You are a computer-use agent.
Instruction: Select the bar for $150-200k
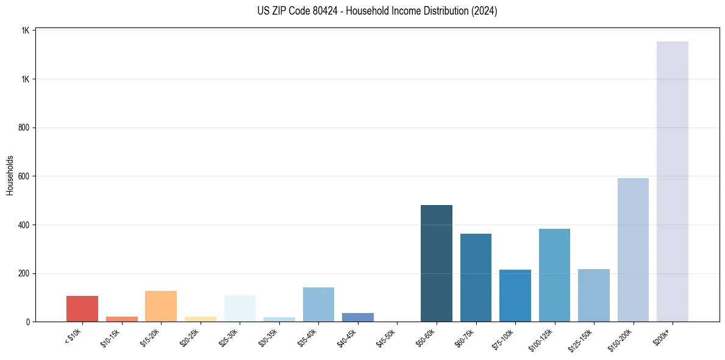tap(633, 250)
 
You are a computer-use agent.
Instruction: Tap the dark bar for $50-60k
tap(436, 263)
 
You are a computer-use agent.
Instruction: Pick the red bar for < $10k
tap(82, 309)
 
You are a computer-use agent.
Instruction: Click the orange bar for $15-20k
tap(161, 306)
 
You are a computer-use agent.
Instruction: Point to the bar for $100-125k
tap(554, 275)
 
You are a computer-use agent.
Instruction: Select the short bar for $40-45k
tap(357, 317)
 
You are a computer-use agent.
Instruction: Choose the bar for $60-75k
tap(476, 278)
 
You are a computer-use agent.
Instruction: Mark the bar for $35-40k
tap(318, 304)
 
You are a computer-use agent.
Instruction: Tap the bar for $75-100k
tap(515, 295)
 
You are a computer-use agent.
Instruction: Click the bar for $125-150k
tap(593, 295)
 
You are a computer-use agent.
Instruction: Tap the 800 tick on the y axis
tap(24, 128)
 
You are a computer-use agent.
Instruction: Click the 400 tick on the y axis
tap(24, 225)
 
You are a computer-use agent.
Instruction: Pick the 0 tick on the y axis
tap(28, 322)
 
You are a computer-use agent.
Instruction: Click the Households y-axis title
tap(10, 175)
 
